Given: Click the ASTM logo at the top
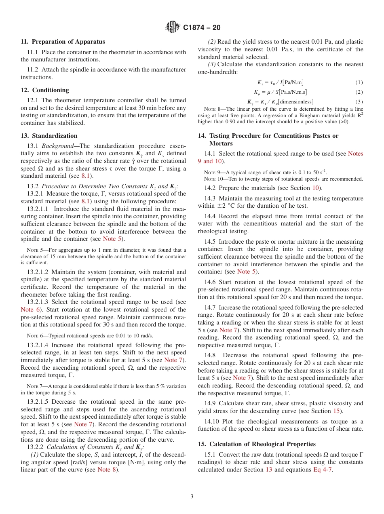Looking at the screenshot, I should [173, 27].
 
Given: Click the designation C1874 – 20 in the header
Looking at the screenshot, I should [202, 28].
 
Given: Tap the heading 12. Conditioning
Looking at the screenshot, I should [45, 90].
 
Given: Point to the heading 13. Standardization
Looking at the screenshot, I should [49, 136].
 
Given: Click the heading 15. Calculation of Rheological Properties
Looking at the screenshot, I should [257, 444].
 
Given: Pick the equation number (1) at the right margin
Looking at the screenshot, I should [359, 82].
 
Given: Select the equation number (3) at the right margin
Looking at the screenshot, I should [359, 102].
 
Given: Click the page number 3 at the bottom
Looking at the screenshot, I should [192, 497].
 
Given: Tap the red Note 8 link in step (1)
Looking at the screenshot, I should [108, 470].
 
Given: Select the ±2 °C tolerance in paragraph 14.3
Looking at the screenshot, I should [220, 206].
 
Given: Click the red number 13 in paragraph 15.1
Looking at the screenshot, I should [269, 470].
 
